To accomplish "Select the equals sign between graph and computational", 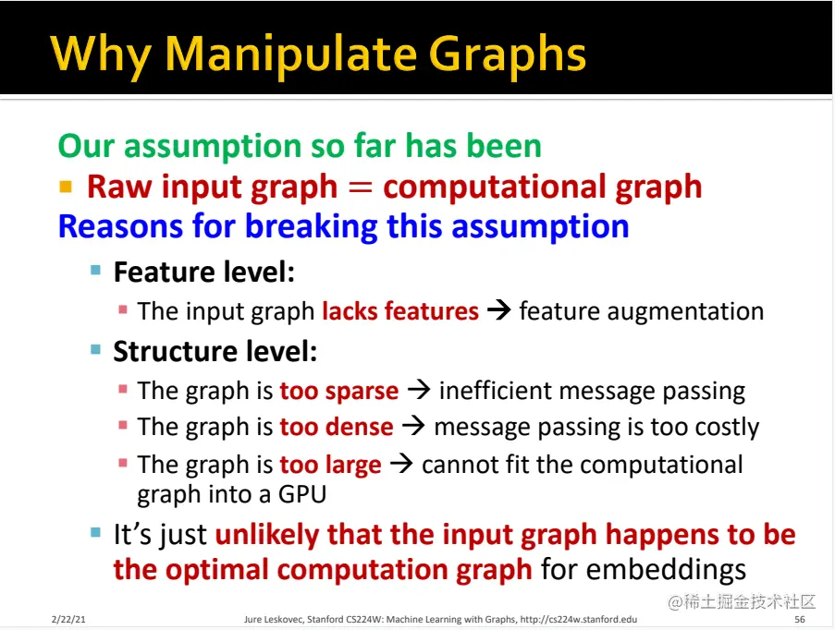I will pos(360,187).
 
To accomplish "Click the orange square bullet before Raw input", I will pos(66,187).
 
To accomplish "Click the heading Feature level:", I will pos(204,273).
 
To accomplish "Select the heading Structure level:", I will pos(215,351).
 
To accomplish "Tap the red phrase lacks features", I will pos(400,311).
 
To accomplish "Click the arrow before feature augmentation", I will pos(498,311).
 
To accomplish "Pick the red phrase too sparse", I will pos(339,391).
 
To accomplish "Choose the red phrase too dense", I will pos(337,428).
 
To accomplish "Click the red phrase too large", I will pos(330,465).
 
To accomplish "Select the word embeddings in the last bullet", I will pos(644,569).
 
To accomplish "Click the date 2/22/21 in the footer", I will pos(69,619).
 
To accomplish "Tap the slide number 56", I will pos(799,619).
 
